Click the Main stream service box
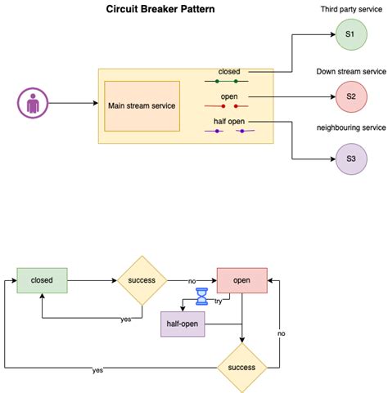click(x=142, y=105)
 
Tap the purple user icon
click(x=31, y=105)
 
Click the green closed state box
click(x=43, y=280)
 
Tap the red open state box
click(x=242, y=280)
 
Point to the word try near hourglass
click(x=218, y=301)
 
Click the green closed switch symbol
click(x=226, y=82)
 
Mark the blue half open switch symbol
click(x=231, y=131)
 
